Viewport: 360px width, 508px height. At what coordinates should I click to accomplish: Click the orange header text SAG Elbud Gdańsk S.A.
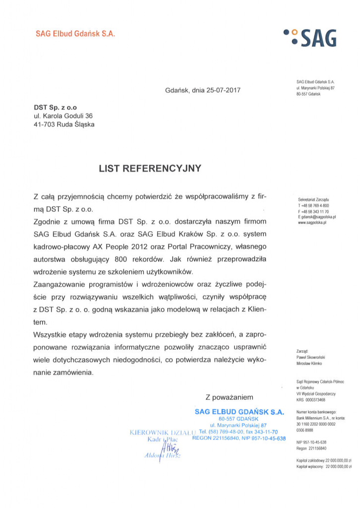[x=75, y=34]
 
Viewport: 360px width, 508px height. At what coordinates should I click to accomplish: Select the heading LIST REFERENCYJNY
[x=150, y=168]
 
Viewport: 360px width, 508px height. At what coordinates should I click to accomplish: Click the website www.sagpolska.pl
[x=312, y=223]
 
